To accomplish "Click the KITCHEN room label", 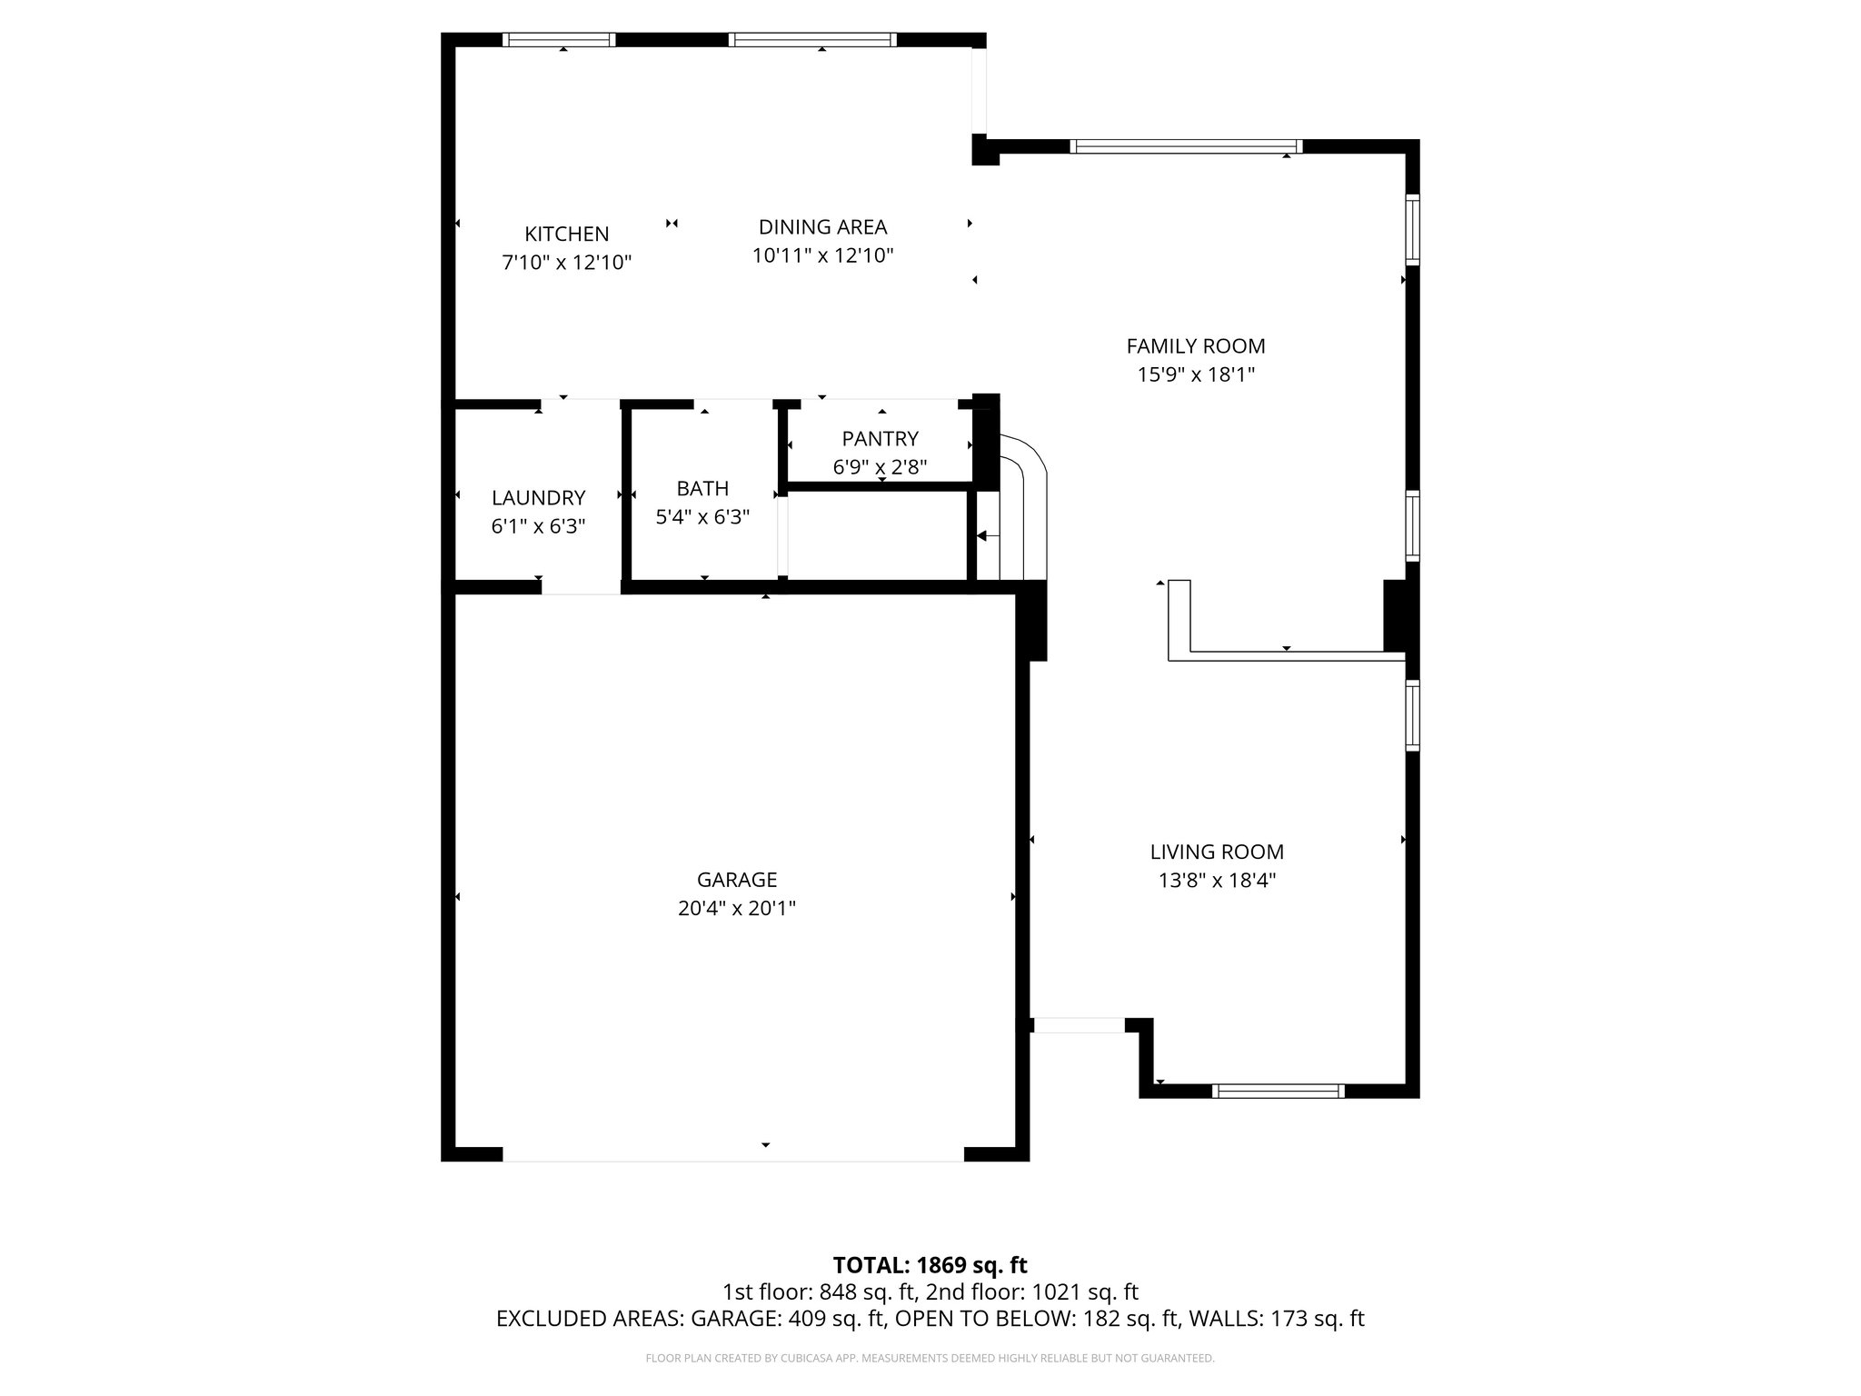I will point(566,234).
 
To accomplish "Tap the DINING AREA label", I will point(822,227).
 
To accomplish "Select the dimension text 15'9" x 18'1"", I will point(1196,374).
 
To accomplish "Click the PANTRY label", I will point(880,439).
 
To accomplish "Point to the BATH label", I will point(702,488).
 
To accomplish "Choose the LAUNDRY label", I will point(538,498).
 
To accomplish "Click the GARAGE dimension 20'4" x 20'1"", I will point(736,908).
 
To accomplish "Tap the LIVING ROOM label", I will point(1217,852).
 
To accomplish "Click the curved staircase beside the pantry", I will point(1022,509).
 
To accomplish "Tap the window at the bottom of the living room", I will point(1279,1091).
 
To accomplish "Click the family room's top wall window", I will point(1186,146).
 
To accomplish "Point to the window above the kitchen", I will point(559,40).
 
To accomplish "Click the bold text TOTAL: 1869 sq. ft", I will point(930,1265).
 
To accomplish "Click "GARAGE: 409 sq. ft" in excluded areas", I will point(788,1319).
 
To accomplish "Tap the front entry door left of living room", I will point(1079,1025).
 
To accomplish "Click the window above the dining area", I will point(812,40).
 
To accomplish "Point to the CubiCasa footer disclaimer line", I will point(930,1358).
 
